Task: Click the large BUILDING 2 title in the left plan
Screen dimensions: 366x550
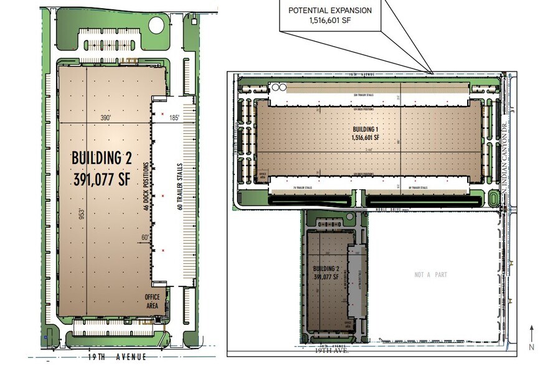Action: (x=103, y=156)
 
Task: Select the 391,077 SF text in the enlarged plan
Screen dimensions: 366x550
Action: (x=103, y=180)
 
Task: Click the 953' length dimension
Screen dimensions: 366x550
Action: (x=82, y=214)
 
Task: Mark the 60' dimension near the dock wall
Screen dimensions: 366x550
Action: (x=145, y=237)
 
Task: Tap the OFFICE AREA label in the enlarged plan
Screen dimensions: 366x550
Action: (x=153, y=301)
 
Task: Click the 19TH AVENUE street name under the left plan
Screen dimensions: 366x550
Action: (x=110, y=357)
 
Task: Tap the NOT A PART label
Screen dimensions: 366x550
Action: (x=430, y=274)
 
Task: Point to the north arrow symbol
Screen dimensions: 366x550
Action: (x=531, y=336)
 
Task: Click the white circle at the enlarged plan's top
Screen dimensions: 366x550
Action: (x=157, y=26)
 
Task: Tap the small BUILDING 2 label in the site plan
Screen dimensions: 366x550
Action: (x=326, y=270)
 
